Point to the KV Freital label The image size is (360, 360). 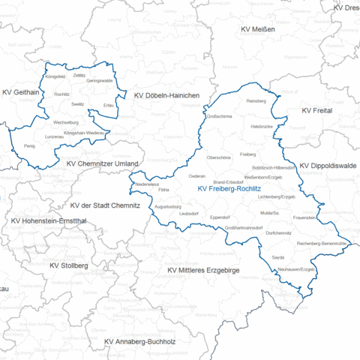pos(316,110)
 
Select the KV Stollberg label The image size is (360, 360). pos(68,265)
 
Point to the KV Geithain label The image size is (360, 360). pos(22,93)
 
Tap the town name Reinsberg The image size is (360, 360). pos(256,100)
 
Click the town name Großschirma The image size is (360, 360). pos(218,117)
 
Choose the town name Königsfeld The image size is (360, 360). pos(55,76)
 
